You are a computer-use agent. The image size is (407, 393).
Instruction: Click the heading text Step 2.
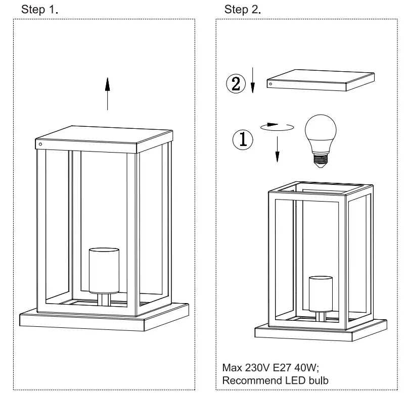coord(242,9)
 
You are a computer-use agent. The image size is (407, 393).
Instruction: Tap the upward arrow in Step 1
coord(107,93)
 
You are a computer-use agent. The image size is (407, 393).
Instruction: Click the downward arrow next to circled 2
coord(252,83)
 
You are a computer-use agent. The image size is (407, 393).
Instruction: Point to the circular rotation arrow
coord(277,126)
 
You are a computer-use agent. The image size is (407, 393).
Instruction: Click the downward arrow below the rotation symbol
coord(277,150)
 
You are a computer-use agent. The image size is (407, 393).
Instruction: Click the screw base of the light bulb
coord(321,161)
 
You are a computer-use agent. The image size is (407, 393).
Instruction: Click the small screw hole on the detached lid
coord(271,84)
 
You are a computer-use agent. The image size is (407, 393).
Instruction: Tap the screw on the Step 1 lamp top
coord(40,144)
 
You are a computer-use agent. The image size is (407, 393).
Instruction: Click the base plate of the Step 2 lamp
coord(321,332)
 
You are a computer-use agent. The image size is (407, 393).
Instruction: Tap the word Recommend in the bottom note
coord(246,380)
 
